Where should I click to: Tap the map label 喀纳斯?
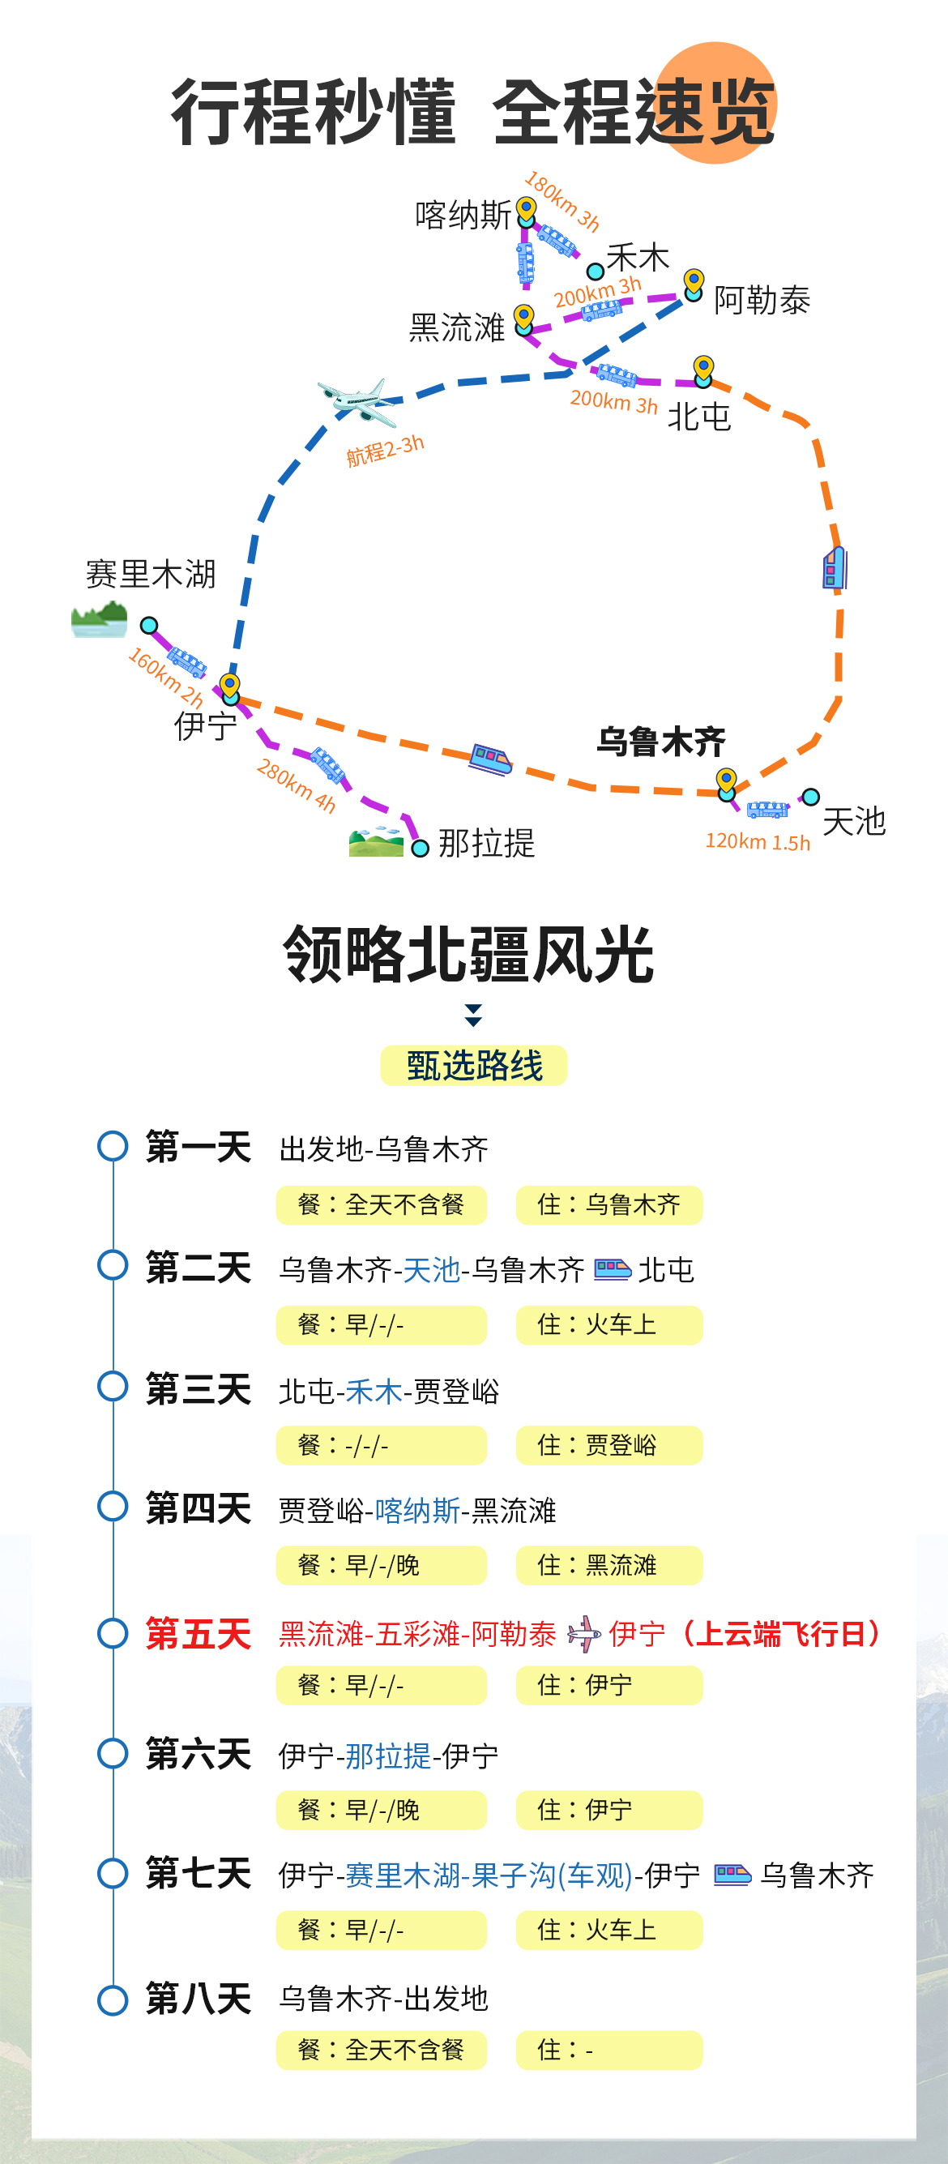[x=463, y=215]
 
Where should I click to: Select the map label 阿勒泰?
[x=762, y=300]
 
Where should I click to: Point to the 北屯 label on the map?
[x=699, y=417]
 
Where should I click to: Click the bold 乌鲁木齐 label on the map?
[x=662, y=742]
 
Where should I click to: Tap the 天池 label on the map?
[x=854, y=821]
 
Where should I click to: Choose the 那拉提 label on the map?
[x=486, y=843]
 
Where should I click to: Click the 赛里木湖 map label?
[x=152, y=575]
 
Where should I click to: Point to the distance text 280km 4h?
[x=297, y=785]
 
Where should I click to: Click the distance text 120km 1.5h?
[x=758, y=842]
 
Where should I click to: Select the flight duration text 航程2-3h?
[x=386, y=451]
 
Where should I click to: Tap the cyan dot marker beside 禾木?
[x=596, y=272]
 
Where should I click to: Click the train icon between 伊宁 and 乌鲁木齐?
[x=491, y=759]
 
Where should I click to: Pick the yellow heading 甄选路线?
[x=475, y=1065]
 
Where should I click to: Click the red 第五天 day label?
[x=199, y=1634]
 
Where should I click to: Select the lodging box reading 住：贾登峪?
[x=609, y=1445]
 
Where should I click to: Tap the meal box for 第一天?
[x=381, y=1204]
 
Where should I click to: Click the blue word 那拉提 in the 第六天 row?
[x=389, y=1756]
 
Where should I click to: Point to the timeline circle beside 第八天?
[x=113, y=2000]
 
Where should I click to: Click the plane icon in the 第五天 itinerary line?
[x=584, y=1634]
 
